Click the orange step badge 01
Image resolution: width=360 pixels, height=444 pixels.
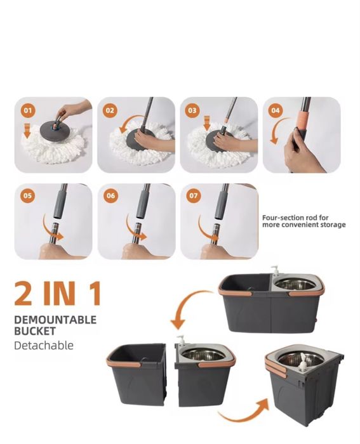click(27, 110)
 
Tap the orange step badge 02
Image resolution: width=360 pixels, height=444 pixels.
click(110, 110)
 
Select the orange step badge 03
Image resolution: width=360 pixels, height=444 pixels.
click(192, 110)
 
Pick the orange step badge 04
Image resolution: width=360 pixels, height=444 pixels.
click(276, 110)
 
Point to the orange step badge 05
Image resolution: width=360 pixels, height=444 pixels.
click(27, 195)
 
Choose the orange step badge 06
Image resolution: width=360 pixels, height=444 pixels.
click(110, 195)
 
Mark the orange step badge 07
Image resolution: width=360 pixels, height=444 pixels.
click(193, 195)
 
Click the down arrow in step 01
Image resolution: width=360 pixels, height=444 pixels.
click(27, 131)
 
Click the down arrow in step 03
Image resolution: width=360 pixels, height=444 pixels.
click(207, 123)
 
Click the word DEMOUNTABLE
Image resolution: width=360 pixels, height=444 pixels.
click(55, 320)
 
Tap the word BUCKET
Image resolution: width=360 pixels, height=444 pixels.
click(35, 331)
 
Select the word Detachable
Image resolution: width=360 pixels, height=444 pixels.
click(44, 346)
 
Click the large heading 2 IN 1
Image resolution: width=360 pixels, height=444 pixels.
click(58, 293)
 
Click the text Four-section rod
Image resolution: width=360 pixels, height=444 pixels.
click(291, 218)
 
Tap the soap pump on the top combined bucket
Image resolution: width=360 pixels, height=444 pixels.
click(274, 270)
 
